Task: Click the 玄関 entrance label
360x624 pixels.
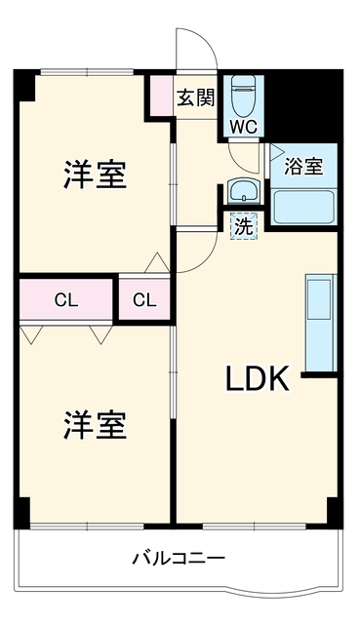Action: tap(195, 97)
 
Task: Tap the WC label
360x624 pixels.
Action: tap(243, 128)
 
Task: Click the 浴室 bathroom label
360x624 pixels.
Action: tap(303, 166)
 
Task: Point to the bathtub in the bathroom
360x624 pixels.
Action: tap(303, 207)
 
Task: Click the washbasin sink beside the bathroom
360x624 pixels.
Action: tap(243, 191)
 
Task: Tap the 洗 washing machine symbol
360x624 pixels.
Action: tap(243, 226)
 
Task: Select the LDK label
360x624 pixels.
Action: tap(258, 379)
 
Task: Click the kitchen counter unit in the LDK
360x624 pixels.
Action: tap(321, 323)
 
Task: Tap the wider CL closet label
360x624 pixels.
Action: tap(66, 300)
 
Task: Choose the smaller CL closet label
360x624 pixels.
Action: tap(144, 300)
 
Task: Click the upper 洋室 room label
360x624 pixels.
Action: tap(96, 175)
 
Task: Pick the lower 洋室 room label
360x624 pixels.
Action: tap(96, 425)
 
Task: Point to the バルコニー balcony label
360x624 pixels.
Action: tap(179, 559)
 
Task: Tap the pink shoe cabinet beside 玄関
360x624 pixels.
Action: tap(161, 96)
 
